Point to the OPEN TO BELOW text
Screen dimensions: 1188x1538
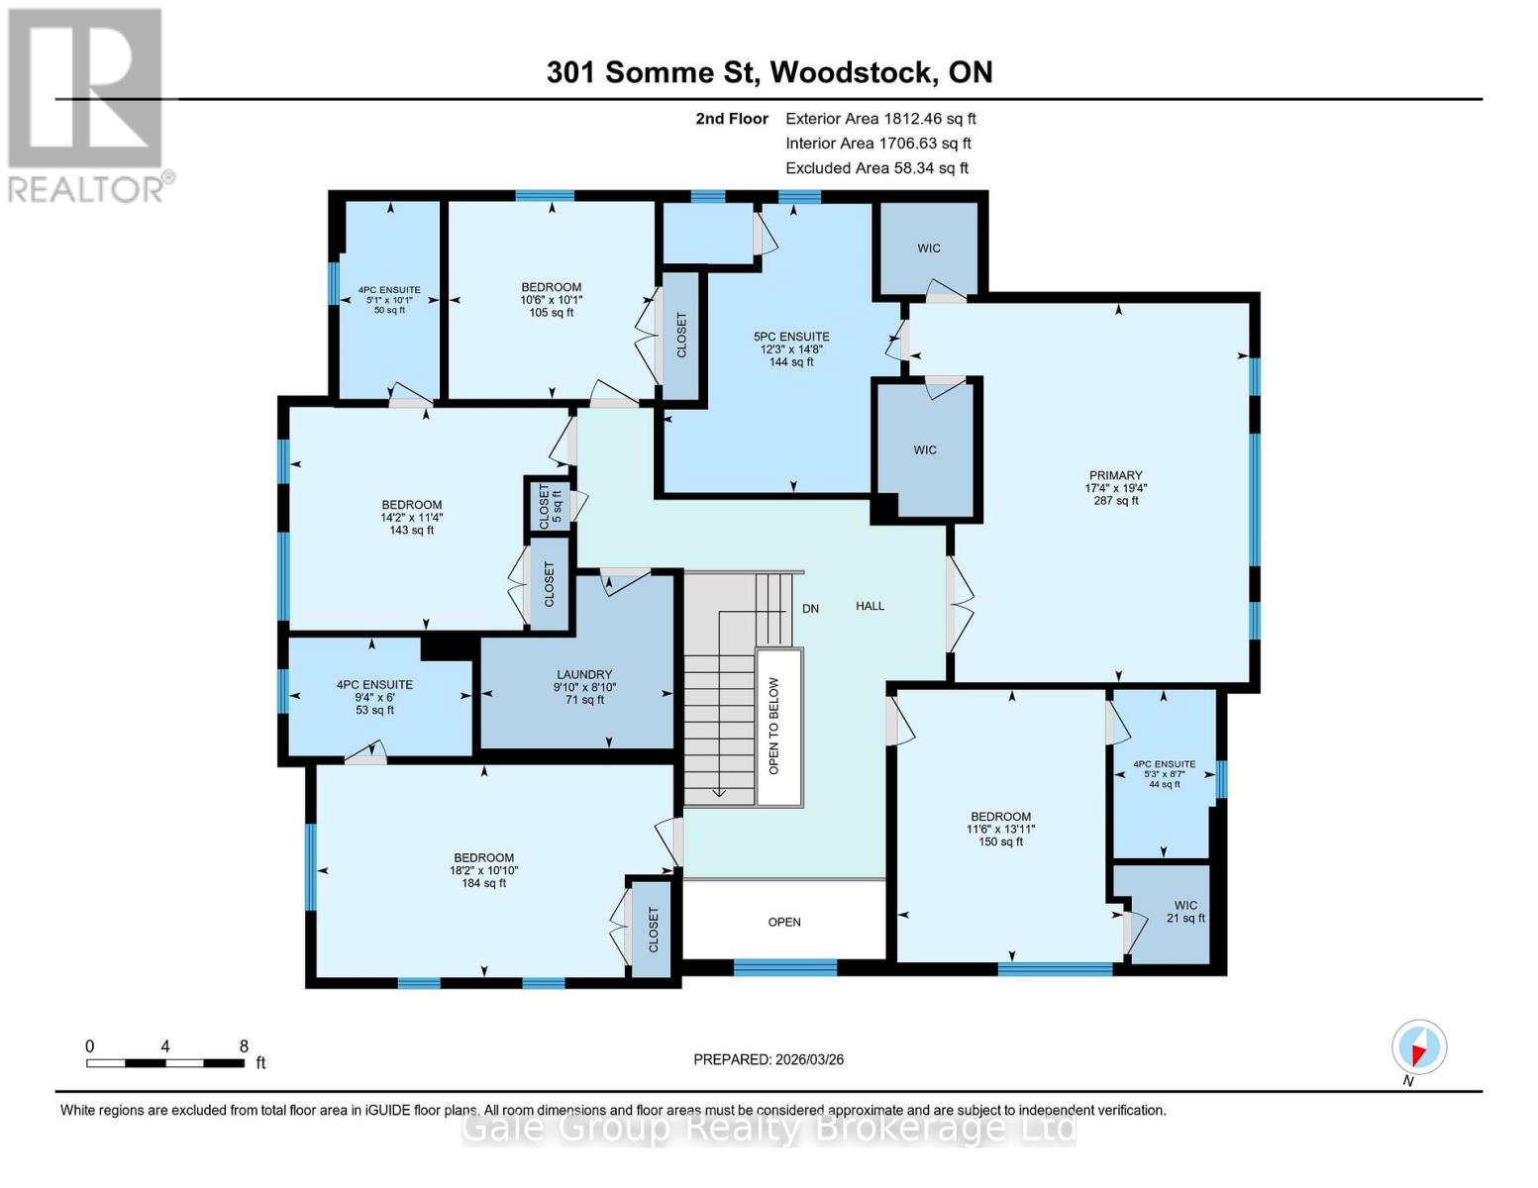pos(774,726)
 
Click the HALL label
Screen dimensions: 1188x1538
pos(870,606)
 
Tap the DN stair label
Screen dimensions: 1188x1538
pos(810,609)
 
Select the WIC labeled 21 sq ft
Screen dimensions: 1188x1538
pos(1185,912)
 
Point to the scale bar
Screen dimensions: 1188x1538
pos(165,1063)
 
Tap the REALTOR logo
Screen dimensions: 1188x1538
pos(87,104)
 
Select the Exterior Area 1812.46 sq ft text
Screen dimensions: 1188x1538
pos(880,118)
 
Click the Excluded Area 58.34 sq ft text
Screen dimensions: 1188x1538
pos(876,168)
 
